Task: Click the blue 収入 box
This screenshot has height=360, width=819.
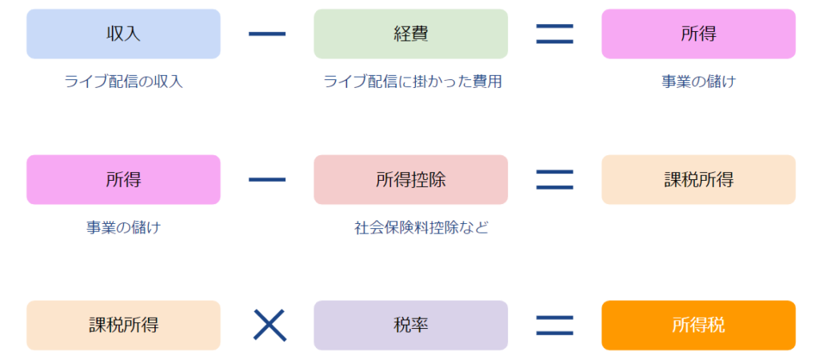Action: pyautogui.click(x=123, y=34)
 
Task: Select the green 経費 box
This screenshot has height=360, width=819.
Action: pyautogui.click(x=410, y=34)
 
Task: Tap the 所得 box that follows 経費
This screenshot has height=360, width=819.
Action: pyautogui.click(x=698, y=34)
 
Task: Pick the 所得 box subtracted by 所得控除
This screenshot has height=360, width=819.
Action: pyautogui.click(x=123, y=179)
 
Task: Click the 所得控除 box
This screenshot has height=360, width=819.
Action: pyautogui.click(x=410, y=179)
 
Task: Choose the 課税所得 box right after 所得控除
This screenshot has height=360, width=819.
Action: pyautogui.click(x=698, y=179)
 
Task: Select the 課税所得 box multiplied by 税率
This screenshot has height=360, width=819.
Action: pyautogui.click(x=123, y=325)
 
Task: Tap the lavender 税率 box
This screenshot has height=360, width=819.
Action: pyautogui.click(x=410, y=325)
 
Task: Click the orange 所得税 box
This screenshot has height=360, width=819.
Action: pyautogui.click(x=698, y=325)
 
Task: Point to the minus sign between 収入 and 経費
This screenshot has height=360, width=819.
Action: pyautogui.click(x=267, y=34)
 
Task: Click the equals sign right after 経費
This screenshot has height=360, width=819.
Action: pyautogui.click(x=554, y=34)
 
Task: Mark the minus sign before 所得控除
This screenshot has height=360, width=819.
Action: pyautogui.click(x=267, y=179)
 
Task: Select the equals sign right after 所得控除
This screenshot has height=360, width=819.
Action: pyautogui.click(x=554, y=179)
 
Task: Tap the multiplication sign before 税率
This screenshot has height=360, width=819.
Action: pyautogui.click(x=270, y=325)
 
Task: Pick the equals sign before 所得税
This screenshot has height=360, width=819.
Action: pyautogui.click(x=554, y=325)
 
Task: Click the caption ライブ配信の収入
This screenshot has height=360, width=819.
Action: pyautogui.click(x=124, y=82)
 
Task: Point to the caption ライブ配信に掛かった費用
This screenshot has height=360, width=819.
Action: pyautogui.click(x=412, y=82)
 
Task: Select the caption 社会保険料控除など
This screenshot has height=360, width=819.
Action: pyautogui.click(x=421, y=227)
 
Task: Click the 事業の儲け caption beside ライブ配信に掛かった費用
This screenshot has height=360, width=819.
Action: pyautogui.click(x=698, y=82)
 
